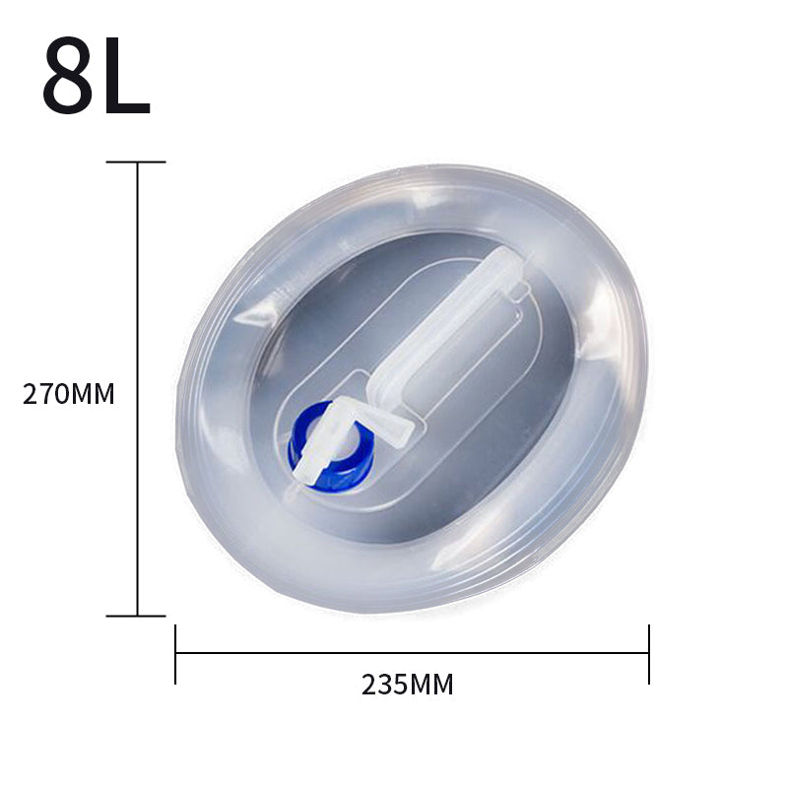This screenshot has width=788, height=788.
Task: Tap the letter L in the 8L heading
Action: tap(127, 76)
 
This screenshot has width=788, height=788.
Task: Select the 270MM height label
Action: tap(69, 394)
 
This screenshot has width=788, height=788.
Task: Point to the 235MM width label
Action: tap(408, 685)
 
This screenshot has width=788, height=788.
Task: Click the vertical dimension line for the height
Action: tap(137, 389)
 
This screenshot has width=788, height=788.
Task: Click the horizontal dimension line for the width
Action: tap(412, 653)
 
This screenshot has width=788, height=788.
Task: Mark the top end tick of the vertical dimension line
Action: tap(136, 162)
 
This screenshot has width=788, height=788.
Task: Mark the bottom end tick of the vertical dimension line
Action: tap(136, 616)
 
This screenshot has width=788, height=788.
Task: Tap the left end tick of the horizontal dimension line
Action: tap(175, 654)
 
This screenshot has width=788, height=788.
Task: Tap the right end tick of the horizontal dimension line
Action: tap(649, 654)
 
